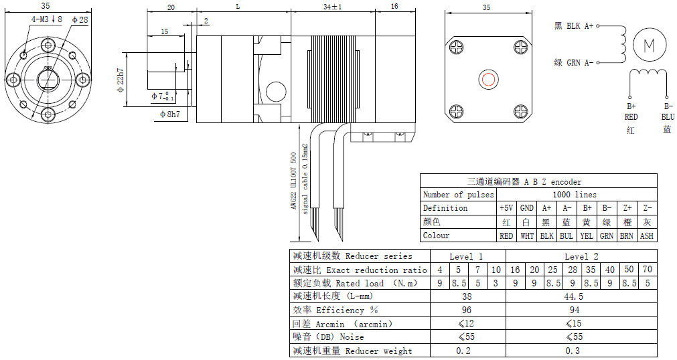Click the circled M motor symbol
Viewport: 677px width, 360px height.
click(649, 45)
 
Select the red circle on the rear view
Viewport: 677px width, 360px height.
click(488, 80)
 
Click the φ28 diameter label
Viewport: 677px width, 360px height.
click(79, 19)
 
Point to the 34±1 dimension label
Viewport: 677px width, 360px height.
click(332, 7)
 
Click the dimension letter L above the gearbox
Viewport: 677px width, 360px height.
click(238, 7)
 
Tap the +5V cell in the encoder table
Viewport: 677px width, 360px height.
click(506, 208)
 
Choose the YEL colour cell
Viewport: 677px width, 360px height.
click(586, 236)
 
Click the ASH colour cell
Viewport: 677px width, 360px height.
click(646, 236)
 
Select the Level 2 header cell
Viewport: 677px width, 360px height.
click(581, 256)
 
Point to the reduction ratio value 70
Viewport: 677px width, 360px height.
click(647, 270)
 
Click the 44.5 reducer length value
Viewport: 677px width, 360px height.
click(581, 296)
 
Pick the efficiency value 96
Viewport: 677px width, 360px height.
click(467, 310)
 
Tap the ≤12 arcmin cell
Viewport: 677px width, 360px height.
click(467, 324)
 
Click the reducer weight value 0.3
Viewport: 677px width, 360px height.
click(581, 351)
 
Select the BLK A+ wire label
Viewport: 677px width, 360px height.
click(574, 26)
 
